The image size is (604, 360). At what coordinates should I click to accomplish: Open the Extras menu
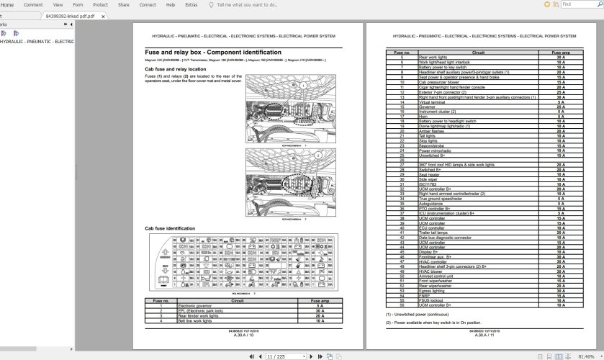coord(191,4)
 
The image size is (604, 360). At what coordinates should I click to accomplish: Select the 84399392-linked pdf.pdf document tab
coord(69,15)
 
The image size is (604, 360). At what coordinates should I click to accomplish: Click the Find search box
coord(580,4)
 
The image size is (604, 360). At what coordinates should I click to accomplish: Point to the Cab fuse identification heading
coord(169,228)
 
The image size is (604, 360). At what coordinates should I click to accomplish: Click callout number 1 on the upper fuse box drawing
coord(304,86)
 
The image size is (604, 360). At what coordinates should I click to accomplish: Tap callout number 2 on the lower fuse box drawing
coord(317,155)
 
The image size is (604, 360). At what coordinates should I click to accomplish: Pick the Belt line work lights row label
coord(199,320)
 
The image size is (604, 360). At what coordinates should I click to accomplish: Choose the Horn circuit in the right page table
coord(423,116)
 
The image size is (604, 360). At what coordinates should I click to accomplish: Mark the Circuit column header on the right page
coord(478,52)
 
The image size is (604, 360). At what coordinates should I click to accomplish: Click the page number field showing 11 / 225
coord(279,356)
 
